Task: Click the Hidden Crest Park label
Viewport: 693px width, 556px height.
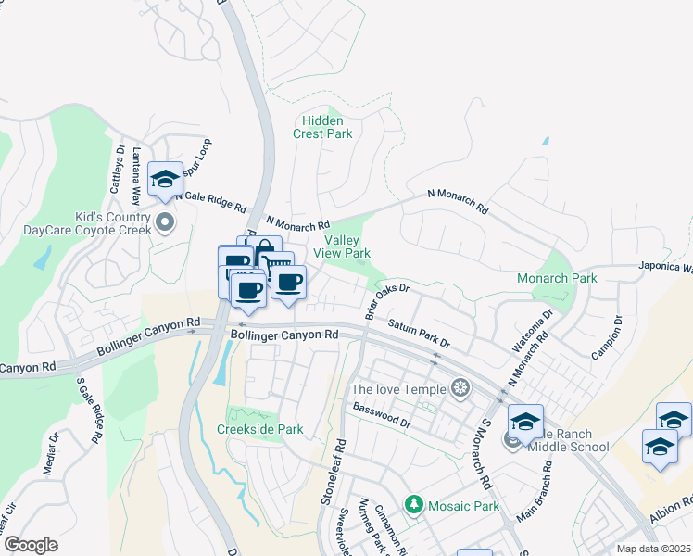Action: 322,127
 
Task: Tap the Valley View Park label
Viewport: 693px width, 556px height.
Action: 342,246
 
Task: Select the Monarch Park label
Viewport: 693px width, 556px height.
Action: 557,278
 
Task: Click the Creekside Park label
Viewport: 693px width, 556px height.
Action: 259,430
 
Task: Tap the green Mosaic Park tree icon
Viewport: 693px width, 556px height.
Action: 413,506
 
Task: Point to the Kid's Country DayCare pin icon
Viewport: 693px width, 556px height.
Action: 166,221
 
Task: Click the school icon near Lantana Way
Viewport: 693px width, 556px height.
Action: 165,179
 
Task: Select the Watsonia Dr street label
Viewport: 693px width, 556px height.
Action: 533,331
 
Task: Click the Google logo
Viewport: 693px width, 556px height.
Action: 31,545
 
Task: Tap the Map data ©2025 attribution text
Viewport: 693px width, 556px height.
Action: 653,549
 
